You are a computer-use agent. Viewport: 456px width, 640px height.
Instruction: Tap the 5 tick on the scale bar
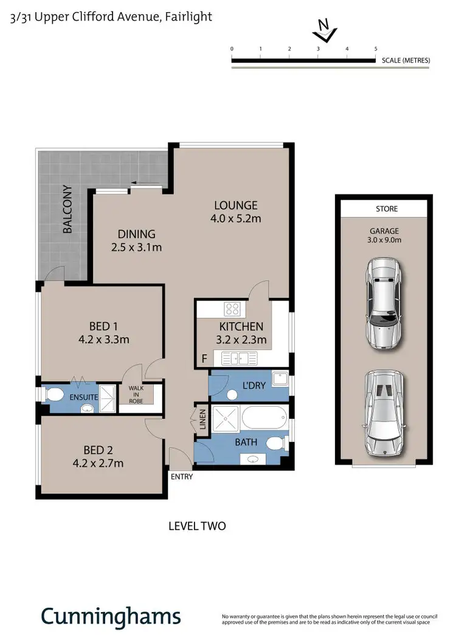coord(376,49)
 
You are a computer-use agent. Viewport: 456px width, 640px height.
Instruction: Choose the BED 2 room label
coord(98,456)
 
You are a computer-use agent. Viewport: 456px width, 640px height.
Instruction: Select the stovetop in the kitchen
coord(233,309)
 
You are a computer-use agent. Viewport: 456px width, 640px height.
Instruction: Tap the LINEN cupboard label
coord(202,419)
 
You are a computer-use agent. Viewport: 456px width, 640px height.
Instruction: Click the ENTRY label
coord(182,477)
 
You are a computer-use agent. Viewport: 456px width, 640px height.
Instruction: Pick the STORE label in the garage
coord(387,208)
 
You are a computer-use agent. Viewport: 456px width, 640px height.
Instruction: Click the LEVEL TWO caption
coord(197,526)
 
